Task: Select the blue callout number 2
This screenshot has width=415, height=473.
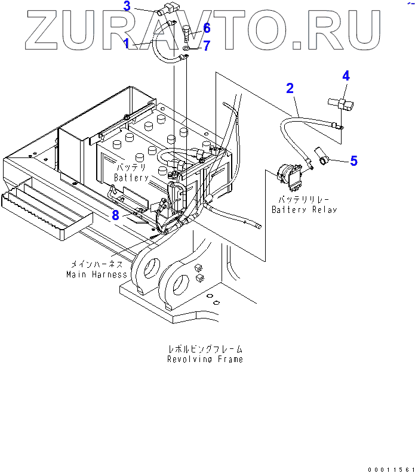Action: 290,89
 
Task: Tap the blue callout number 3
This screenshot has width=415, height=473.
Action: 127,7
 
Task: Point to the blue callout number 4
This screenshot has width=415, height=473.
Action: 346,76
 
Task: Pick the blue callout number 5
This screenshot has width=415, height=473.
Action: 353,160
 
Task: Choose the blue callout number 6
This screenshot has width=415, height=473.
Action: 207,28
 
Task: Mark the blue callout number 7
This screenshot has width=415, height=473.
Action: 207,45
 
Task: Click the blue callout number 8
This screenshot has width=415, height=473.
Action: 116,215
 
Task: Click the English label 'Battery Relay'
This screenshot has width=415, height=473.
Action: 304,209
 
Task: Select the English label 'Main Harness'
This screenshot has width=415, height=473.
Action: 97,274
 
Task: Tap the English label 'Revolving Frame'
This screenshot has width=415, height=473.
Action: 205,359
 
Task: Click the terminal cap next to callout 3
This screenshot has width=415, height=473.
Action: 164,10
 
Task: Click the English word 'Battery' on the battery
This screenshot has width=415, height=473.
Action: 132,178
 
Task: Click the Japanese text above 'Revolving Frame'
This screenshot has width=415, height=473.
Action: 205,350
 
